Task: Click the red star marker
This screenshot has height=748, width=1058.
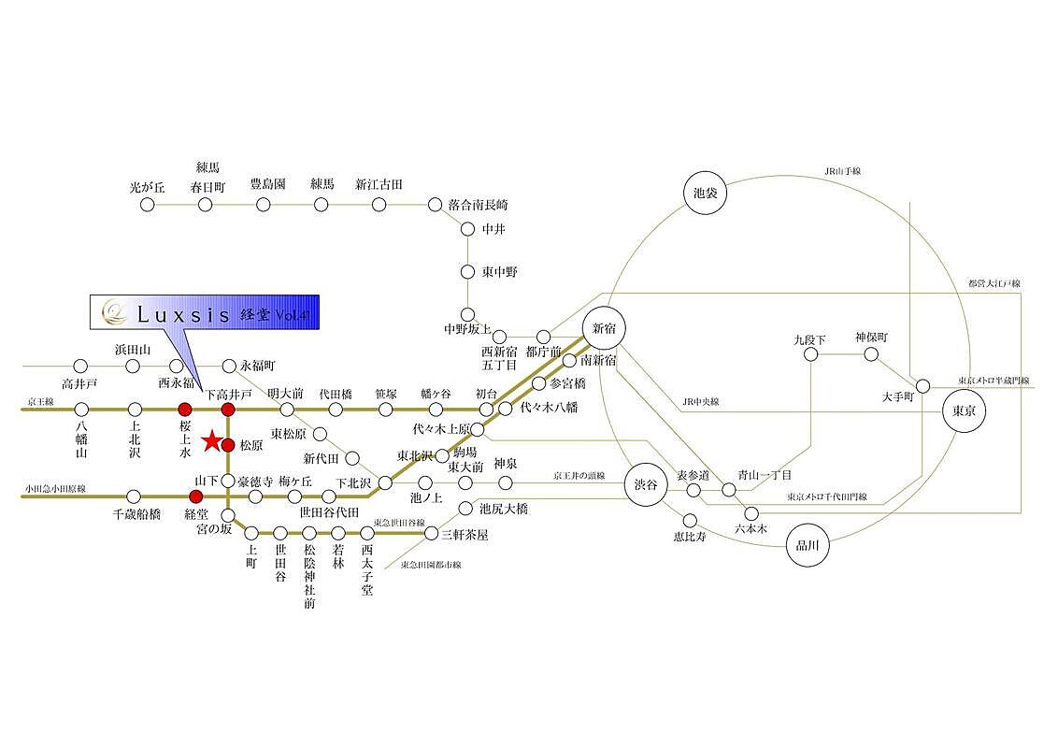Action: coord(212,439)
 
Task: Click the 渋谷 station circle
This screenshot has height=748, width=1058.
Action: coord(646,484)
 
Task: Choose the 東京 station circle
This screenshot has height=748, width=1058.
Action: coord(964,411)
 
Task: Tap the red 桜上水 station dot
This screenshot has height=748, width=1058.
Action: coord(185,409)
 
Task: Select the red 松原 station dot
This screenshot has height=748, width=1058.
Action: coord(227,444)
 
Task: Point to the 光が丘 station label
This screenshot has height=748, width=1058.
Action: coord(147,186)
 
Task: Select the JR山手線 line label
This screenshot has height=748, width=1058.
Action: coord(842,171)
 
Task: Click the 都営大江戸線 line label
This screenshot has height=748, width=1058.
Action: coord(994,282)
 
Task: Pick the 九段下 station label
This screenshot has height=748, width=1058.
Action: coord(809,338)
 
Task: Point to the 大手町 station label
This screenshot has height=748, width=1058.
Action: coord(902,396)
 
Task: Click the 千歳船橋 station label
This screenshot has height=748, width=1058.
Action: coord(136,514)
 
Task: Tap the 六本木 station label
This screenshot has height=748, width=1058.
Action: coord(750,529)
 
